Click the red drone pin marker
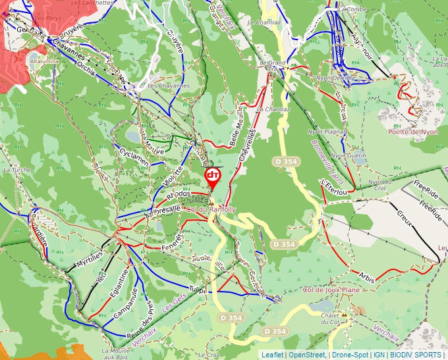point(213,177)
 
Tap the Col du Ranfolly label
point(211,209)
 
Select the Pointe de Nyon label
point(412,132)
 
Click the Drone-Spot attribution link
point(349,355)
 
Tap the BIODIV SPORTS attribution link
point(415,355)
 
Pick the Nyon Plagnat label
point(327,132)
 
